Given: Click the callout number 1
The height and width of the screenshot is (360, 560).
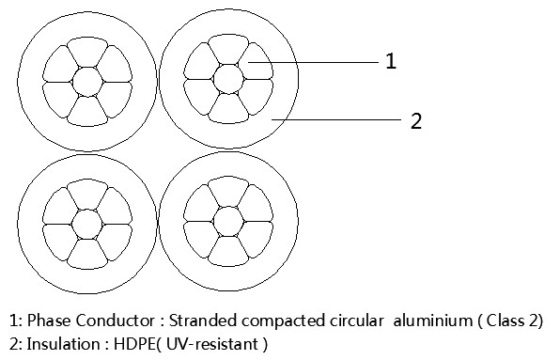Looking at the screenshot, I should (391, 62).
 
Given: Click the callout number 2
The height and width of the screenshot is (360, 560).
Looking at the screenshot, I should (415, 120).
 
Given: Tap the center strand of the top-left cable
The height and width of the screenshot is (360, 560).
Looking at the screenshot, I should (86, 81).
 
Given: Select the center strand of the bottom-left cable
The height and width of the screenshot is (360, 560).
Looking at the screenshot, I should (86, 224).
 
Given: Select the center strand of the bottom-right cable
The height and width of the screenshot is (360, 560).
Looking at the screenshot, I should (226, 222).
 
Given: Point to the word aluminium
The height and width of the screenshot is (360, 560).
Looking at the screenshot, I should (418, 321).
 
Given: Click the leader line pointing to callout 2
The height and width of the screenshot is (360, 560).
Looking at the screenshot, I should (338, 120).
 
